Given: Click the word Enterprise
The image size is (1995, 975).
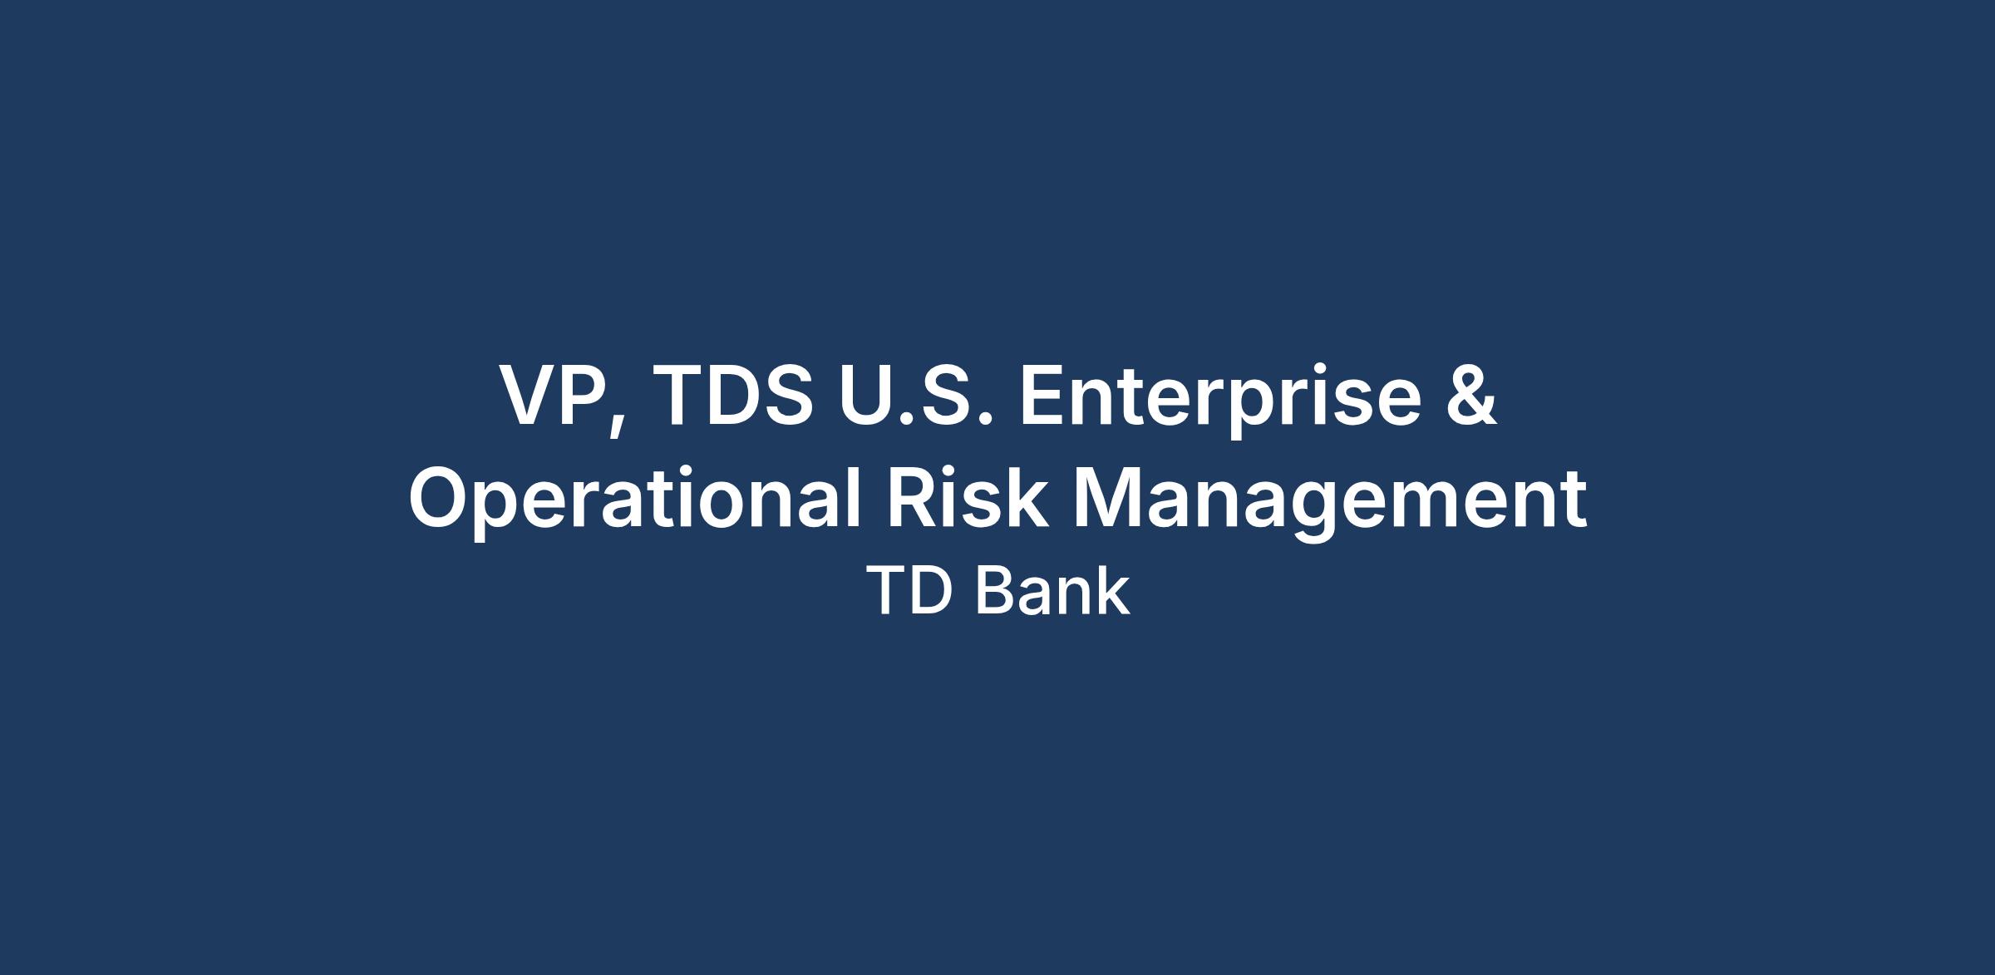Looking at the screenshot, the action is [x=1220, y=401].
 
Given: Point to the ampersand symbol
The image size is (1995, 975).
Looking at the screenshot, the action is [x=1471, y=396].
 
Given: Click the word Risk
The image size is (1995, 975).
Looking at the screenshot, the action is [x=967, y=498].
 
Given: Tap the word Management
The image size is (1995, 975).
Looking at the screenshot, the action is [x=1330, y=504].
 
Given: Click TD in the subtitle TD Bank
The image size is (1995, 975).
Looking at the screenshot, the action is [x=908, y=592].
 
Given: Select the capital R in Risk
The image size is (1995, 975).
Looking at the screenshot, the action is [x=914, y=498].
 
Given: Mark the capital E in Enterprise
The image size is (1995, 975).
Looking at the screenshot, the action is [x=1044, y=396].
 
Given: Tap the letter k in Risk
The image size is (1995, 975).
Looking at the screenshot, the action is [x=1025, y=498].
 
